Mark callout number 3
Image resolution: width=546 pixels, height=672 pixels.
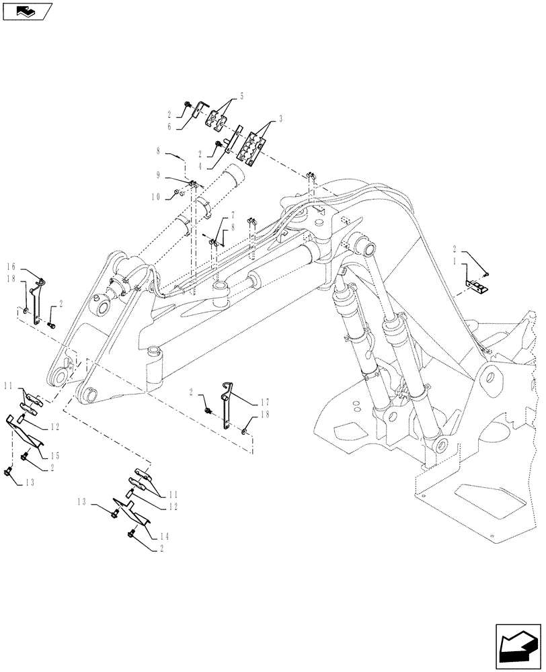click(280, 118)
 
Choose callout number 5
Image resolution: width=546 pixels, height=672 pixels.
click(241, 96)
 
